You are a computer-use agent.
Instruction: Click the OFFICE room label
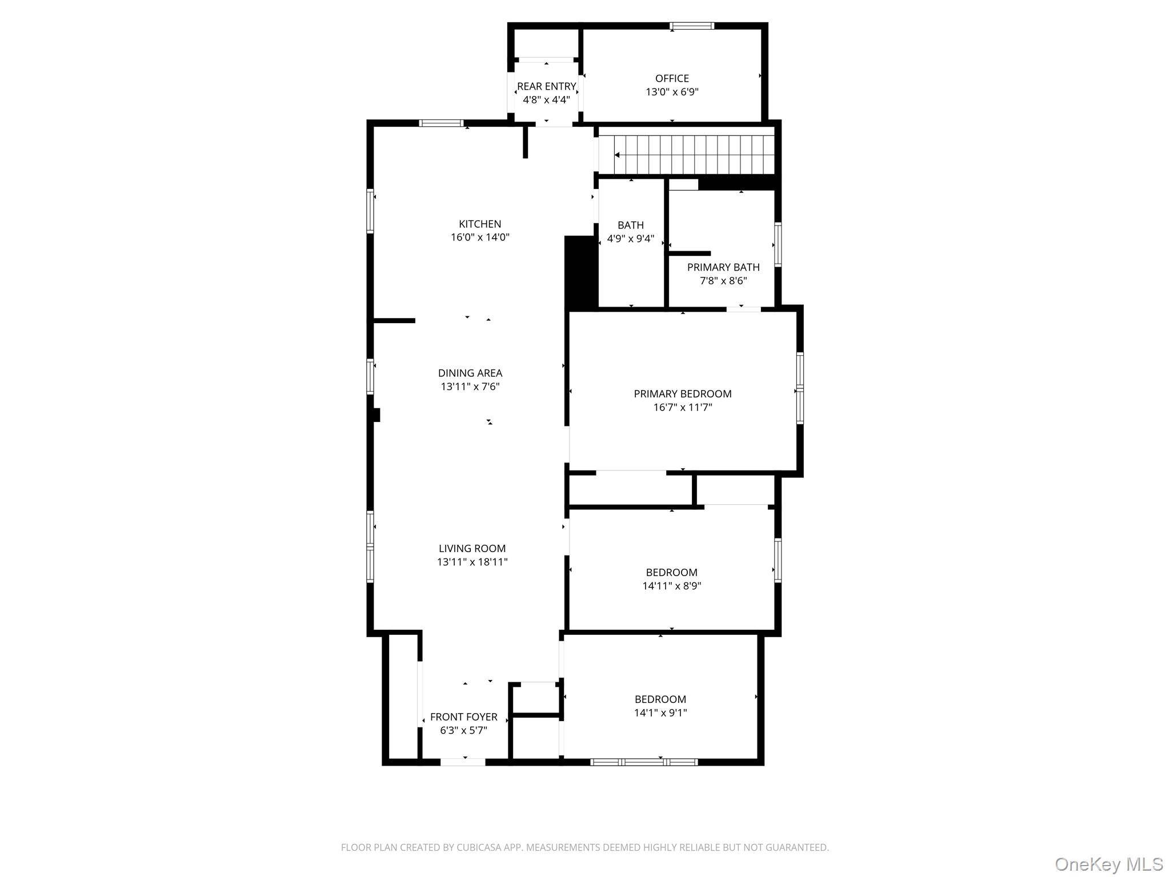(x=672, y=78)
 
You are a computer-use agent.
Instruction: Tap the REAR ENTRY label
(x=546, y=86)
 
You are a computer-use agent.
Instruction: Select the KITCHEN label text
(x=480, y=224)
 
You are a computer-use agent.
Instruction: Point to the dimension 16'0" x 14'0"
(x=480, y=237)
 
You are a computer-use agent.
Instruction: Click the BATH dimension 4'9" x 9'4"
(x=631, y=239)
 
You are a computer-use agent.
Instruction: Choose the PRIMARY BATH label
(x=723, y=267)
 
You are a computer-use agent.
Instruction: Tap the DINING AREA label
(x=470, y=373)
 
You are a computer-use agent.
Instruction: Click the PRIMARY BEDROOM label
(x=683, y=393)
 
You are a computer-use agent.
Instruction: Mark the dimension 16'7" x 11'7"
(x=683, y=407)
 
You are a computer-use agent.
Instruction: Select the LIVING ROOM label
(x=472, y=549)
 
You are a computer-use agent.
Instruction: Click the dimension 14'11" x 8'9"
(x=672, y=586)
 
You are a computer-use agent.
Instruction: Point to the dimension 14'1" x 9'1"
(x=660, y=713)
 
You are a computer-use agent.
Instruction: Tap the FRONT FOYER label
(x=463, y=717)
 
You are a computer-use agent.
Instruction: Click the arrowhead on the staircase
(x=618, y=155)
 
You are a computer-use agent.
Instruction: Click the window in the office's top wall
(x=692, y=26)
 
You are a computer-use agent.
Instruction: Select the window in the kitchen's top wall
(x=441, y=123)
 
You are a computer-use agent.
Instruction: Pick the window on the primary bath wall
(x=778, y=244)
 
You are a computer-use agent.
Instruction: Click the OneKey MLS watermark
(x=1108, y=864)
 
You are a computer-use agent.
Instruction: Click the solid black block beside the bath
(x=580, y=272)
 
